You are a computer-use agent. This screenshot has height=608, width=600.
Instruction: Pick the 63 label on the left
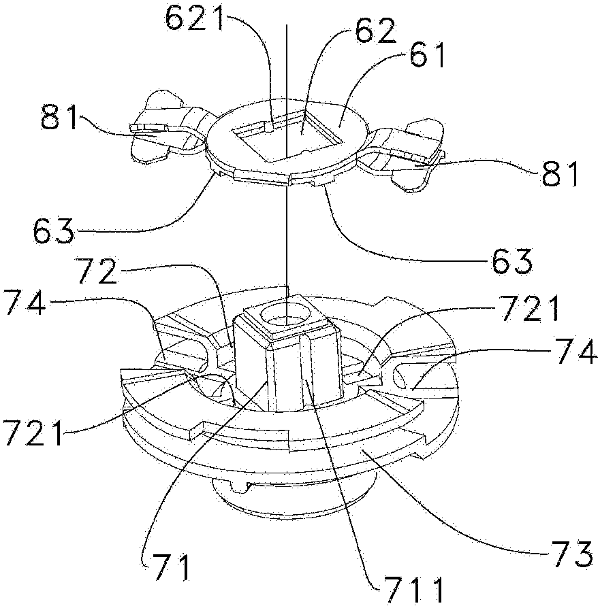click(x=54, y=231)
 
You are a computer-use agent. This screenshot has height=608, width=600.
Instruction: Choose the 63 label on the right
click(x=513, y=261)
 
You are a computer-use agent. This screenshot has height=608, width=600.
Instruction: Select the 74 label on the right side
click(x=576, y=351)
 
